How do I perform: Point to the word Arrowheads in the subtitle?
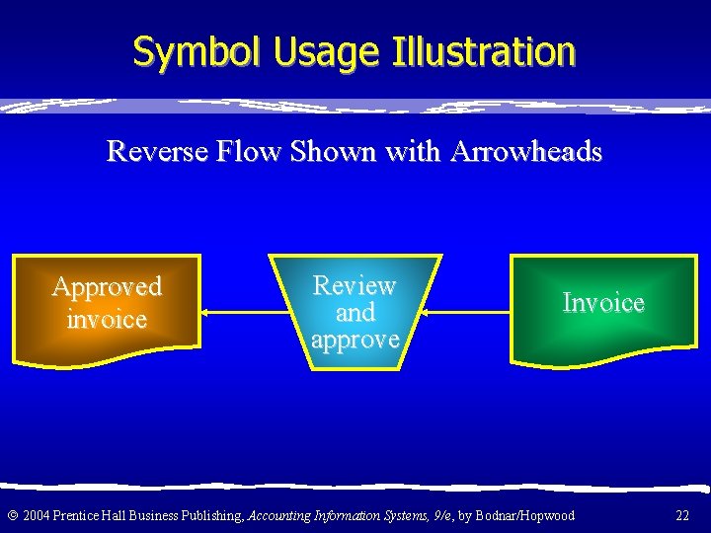[525, 152]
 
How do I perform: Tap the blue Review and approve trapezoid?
[355, 312]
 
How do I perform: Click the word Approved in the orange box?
[107, 287]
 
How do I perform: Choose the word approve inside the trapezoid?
[355, 340]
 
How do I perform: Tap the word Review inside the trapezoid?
[355, 286]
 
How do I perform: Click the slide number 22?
[682, 515]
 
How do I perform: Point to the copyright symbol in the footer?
[11, 515]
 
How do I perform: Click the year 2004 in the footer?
[35, 515]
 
